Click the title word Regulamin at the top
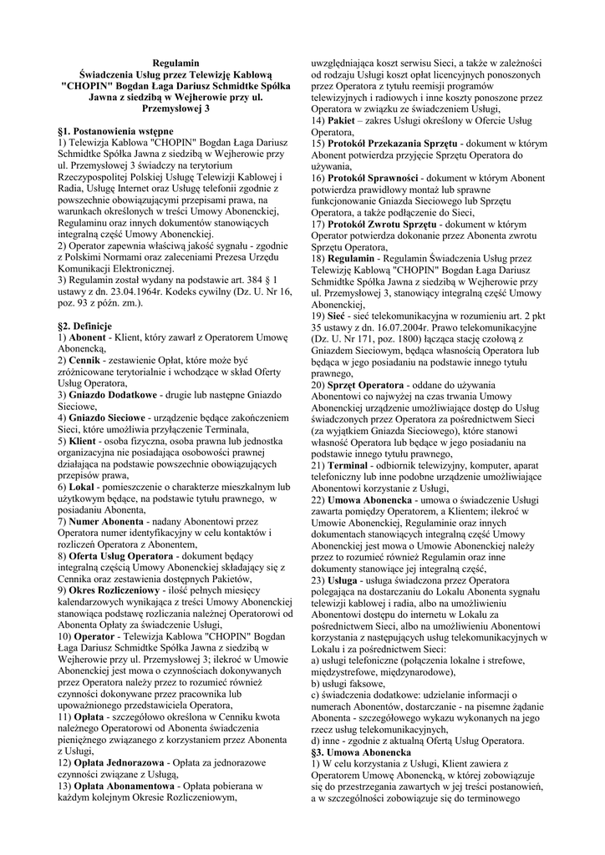click(175, 63)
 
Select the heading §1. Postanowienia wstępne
click(115, 131)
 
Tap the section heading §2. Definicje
click(87, 322)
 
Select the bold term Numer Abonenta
click(112, 521)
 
